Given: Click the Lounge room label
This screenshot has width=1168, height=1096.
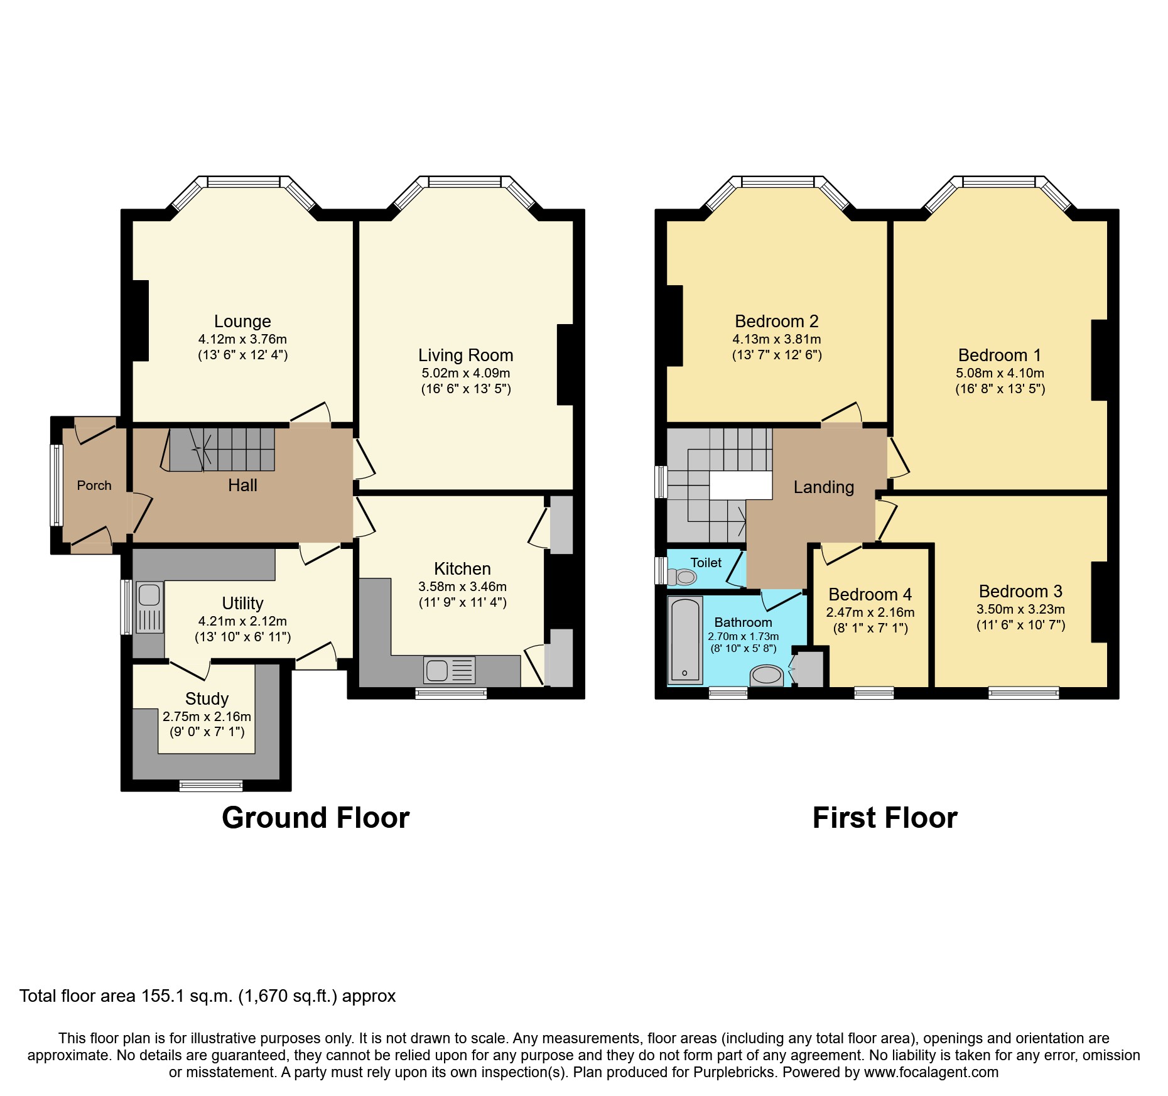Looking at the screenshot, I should click(x=242, y=321).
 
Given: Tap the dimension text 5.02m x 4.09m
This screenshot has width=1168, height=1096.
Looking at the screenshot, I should click(x=465, y=372).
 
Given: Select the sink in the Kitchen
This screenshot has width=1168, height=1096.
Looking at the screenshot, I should click(x=449, y=670).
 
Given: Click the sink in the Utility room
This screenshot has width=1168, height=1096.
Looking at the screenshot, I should click(x=149, y=607).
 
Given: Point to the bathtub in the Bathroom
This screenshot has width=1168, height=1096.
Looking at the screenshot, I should click(x=684, y=640).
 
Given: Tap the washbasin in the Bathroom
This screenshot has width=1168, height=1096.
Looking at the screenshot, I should click(x=766, y=676).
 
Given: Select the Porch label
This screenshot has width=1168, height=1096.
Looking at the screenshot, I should click(x=94, y=485).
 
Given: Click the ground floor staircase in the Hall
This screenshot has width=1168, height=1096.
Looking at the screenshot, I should click(x=223, y=449).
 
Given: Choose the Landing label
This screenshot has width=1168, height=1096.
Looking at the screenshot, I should click(x=823, y=487).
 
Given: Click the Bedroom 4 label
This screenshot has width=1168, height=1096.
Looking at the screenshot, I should click(x=870, y=594).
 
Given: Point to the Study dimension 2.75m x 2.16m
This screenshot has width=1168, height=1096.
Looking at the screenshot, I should click(x=207, y=716).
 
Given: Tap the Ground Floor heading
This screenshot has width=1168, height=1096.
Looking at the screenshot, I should click(x=315, y=818).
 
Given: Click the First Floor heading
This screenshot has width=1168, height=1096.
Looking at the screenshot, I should click(x=885, y=818).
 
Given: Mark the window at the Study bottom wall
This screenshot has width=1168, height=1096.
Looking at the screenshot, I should click(x=210, y=785).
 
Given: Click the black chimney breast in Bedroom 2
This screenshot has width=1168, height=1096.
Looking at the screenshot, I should click(x=674, y=325).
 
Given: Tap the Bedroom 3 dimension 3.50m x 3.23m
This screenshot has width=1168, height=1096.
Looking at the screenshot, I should click(x=1020, y=609).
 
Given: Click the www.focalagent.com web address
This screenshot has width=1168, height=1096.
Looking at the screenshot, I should click(x=931, y=1072).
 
